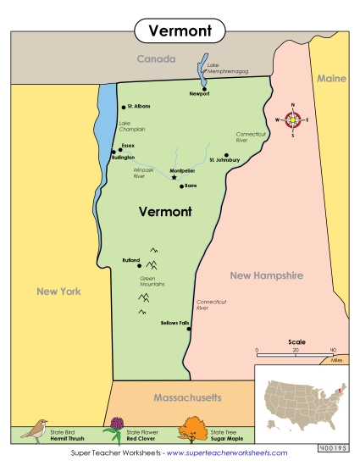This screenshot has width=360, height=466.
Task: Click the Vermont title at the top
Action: pyautogui.click(x=180, y=31)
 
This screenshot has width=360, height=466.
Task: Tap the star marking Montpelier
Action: pyautogui.click(x=174, y=177)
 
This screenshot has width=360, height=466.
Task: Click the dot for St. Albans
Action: pyautogui.click(x=124, y=107)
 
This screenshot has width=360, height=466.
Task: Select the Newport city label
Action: pyautogui.click(x=199, y=94)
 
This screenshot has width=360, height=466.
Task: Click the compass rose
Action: pyautogui.click(x=293, y=119)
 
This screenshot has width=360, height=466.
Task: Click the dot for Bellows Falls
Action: pyautogui.click(x=188, y=322)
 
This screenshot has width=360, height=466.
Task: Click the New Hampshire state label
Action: pyautogui.click(x=266, y=275)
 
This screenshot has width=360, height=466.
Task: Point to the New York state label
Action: pyautogui.click(x=58, y=291)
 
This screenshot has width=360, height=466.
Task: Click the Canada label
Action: pyautogui.click(x=157, y=59)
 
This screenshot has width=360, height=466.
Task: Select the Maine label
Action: pyautogui.click(x=332, y=78)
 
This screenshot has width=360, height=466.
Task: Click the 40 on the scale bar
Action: pyautogui.click(x=333, y=349)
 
